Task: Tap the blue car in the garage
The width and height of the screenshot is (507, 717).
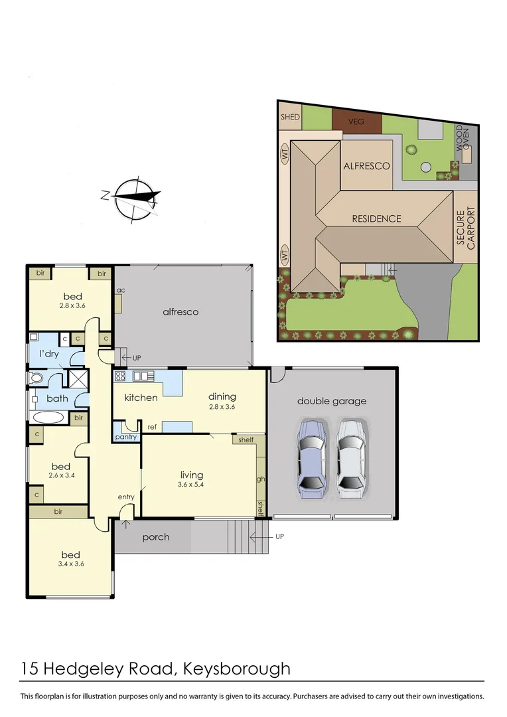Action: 312,458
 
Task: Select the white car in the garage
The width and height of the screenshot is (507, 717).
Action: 350,458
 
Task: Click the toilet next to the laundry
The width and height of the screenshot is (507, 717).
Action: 36,378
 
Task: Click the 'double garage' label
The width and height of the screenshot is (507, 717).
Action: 331,401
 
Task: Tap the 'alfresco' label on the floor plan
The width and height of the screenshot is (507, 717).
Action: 181,311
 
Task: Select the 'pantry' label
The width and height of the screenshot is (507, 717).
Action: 125,437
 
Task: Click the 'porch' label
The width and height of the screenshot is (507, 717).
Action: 156,537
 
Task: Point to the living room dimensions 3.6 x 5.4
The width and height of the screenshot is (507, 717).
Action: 191,485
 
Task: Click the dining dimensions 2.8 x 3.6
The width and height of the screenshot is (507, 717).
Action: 222,407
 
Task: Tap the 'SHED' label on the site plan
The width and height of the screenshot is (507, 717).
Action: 290,117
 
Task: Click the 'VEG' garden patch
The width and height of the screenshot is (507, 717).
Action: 357,121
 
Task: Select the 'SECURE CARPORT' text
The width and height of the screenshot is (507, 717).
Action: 466,229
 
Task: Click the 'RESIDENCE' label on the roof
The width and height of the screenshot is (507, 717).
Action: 376,218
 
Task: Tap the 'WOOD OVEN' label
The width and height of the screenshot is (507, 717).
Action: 463,139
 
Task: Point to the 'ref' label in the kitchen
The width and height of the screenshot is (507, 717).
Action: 151,427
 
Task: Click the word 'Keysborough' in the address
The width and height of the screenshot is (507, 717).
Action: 240,668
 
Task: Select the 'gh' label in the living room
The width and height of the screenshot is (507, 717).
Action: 261,478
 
